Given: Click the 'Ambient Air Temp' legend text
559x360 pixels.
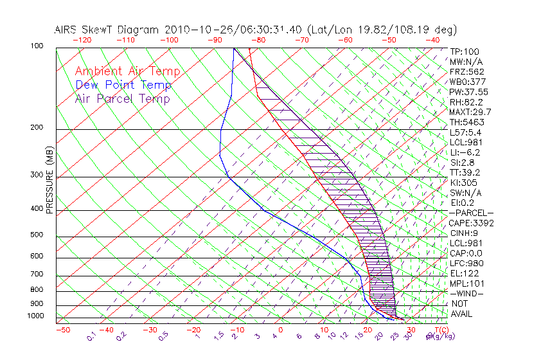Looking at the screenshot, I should pyautogui.click(x=127, y=71).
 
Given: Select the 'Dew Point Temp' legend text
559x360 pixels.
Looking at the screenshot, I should pyautogui.click(x=123, y=85).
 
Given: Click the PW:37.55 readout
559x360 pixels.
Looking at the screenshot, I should pyautogui.click(x=469, y=92).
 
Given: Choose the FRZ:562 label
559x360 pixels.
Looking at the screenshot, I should pyautogui.click(x=467, y=71).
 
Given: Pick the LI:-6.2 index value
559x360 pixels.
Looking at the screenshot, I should pyautogui.click(x=465, y=152).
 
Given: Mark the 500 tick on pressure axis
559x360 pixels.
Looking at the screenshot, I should pyautogui.click(x=37, y=235).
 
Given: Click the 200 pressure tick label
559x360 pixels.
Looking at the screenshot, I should pyautogui.click(x=37, y=128).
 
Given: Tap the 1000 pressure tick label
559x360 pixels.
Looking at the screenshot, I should pyautogui.click(x=35, y=316).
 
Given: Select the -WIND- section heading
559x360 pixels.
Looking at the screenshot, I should pyautogui.click(x=466, y=293).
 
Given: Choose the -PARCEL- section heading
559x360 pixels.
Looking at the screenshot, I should pyautogui.click(x=472, y=213).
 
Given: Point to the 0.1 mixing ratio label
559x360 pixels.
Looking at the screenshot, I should pyautogui.click(x=91, y=336).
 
